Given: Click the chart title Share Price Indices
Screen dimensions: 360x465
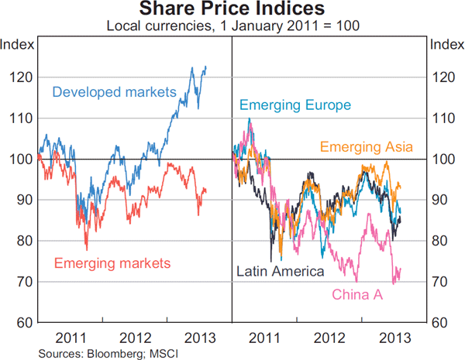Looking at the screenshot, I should tap(232, 10).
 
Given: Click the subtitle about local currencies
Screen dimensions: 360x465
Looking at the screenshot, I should tap(232, 26).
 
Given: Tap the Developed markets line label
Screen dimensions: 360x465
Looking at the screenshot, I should tap(115, 92).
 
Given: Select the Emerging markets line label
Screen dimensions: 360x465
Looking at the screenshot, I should tap(112, 263).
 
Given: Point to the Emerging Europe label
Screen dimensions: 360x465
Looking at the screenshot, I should tap(295, 106).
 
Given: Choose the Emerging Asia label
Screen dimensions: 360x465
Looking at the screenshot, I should tap(367, 146).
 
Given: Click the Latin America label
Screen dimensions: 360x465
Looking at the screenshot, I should tap(279, 271).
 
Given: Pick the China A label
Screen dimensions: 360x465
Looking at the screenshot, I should tap(357, 294).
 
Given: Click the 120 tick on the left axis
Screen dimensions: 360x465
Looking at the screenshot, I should tap(22, 77).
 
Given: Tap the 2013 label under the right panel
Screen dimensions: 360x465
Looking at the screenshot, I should tap(394, 338).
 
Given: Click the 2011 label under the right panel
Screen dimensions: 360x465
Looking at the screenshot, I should tap(265, 338).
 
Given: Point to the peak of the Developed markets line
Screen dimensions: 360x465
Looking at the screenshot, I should tap(205, 67).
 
